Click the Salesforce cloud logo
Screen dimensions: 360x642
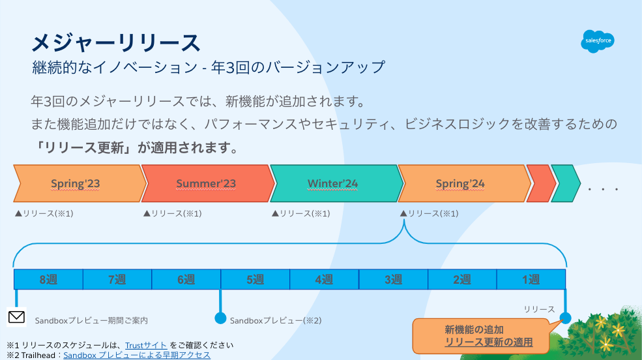click(x=597, y=42)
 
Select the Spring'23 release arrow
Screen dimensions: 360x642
click(x=76, y=183)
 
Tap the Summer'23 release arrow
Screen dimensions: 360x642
click(x=206, y=183)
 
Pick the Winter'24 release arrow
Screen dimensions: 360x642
click(x=333, y=183)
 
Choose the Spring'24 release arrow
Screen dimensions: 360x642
click(x=460, y=183)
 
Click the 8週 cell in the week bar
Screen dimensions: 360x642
click(x=48, y=280)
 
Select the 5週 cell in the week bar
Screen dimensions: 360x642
click(x=255, y=280)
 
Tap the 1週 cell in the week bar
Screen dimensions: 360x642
click(x=531, y=280)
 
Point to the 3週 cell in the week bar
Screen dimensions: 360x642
click(x=393, y=280)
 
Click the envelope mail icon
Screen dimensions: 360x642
click(x=16, y=318)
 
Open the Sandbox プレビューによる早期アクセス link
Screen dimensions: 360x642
click(x=137, y=355)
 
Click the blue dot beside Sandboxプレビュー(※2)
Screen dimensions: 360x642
click(x=220, y=318)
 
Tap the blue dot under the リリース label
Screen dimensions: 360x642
click(x=565, y=318)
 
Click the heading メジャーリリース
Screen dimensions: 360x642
click(x=116, y=43)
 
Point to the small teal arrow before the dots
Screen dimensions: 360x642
click(x=564, y=183)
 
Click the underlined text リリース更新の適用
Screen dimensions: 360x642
click(x=489, y=342)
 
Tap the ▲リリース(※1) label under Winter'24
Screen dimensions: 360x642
click(x=300, y=213)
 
